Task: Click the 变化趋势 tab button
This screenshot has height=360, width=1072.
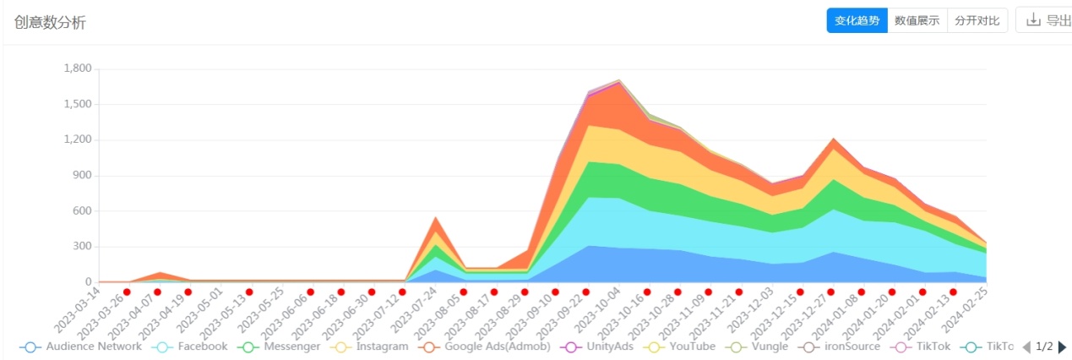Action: coord(857,21)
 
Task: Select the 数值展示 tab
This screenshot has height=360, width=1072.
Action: coord(917,21)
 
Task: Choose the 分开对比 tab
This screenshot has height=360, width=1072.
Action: coord(977,21)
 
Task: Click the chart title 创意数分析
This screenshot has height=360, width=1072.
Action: coord(50,23)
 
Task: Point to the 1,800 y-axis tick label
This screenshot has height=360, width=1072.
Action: coord(77,68)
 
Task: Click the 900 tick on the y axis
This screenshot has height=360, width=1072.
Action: coord(82,176)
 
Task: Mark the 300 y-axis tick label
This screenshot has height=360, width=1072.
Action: coord(82,247)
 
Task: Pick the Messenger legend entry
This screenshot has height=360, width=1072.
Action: coord(280,346)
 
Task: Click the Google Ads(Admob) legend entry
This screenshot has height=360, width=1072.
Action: coord(485,346)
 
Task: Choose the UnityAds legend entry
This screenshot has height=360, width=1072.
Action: coord(597,346)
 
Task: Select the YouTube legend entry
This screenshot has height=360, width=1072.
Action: coord(679,346)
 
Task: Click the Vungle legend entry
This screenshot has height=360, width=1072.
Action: coord(757,346)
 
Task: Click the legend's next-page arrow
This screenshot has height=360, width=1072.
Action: coord(1062,346)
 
